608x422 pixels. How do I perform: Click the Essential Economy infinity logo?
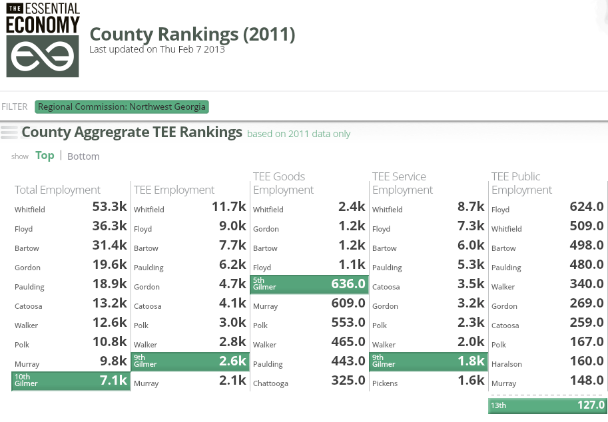43,57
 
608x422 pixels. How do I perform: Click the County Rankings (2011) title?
192,34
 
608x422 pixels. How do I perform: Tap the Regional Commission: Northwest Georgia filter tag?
122,106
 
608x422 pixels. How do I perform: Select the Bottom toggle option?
83,156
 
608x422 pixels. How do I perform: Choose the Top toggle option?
45,156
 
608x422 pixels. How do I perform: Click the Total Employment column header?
57,190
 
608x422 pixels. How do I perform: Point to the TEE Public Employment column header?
522,183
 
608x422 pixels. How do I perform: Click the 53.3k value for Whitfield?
109,207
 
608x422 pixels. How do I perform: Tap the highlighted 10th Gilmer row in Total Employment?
71,380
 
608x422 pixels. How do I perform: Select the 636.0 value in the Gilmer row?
348,284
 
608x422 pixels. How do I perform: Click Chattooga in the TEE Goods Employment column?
270,383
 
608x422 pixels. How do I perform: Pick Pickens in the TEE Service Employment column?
386,383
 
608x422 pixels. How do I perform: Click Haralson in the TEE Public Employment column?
507,364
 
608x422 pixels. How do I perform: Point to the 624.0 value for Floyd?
586,207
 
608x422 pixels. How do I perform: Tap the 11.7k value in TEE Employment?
229,207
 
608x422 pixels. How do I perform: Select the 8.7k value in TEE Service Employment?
471,207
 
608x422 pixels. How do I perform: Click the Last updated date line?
157,49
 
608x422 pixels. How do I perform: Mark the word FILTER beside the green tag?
15,106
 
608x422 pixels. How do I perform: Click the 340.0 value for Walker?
586,284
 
